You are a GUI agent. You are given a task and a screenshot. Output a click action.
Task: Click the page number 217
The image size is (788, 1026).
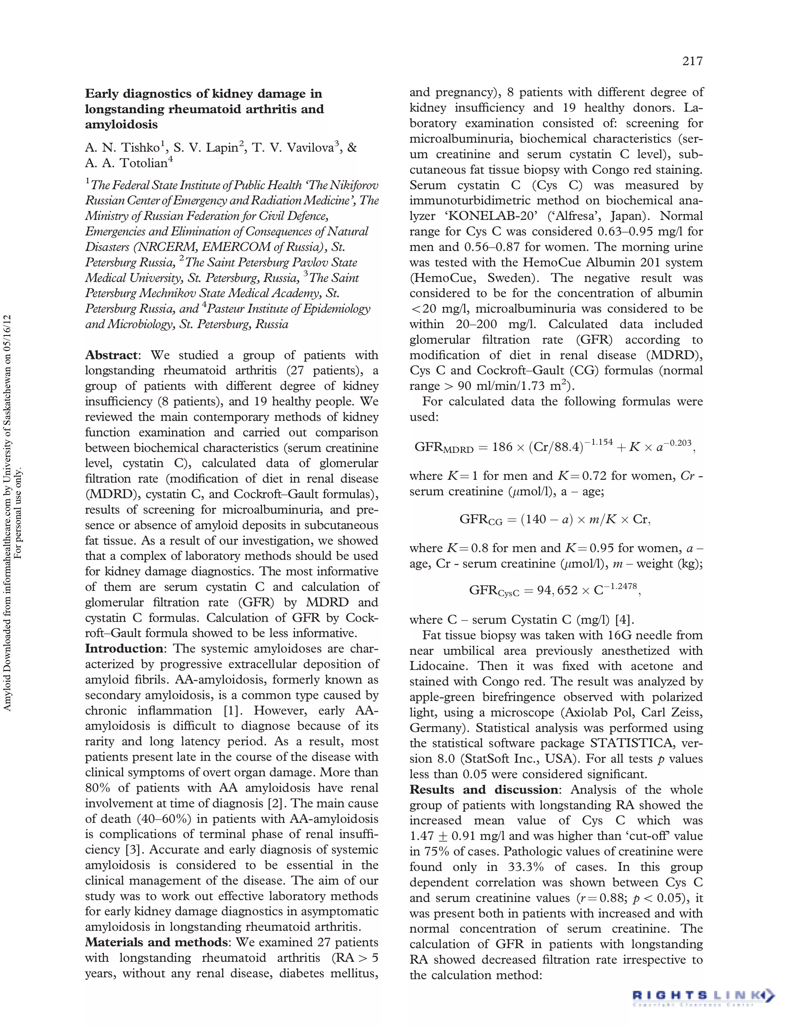coord(692,61)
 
